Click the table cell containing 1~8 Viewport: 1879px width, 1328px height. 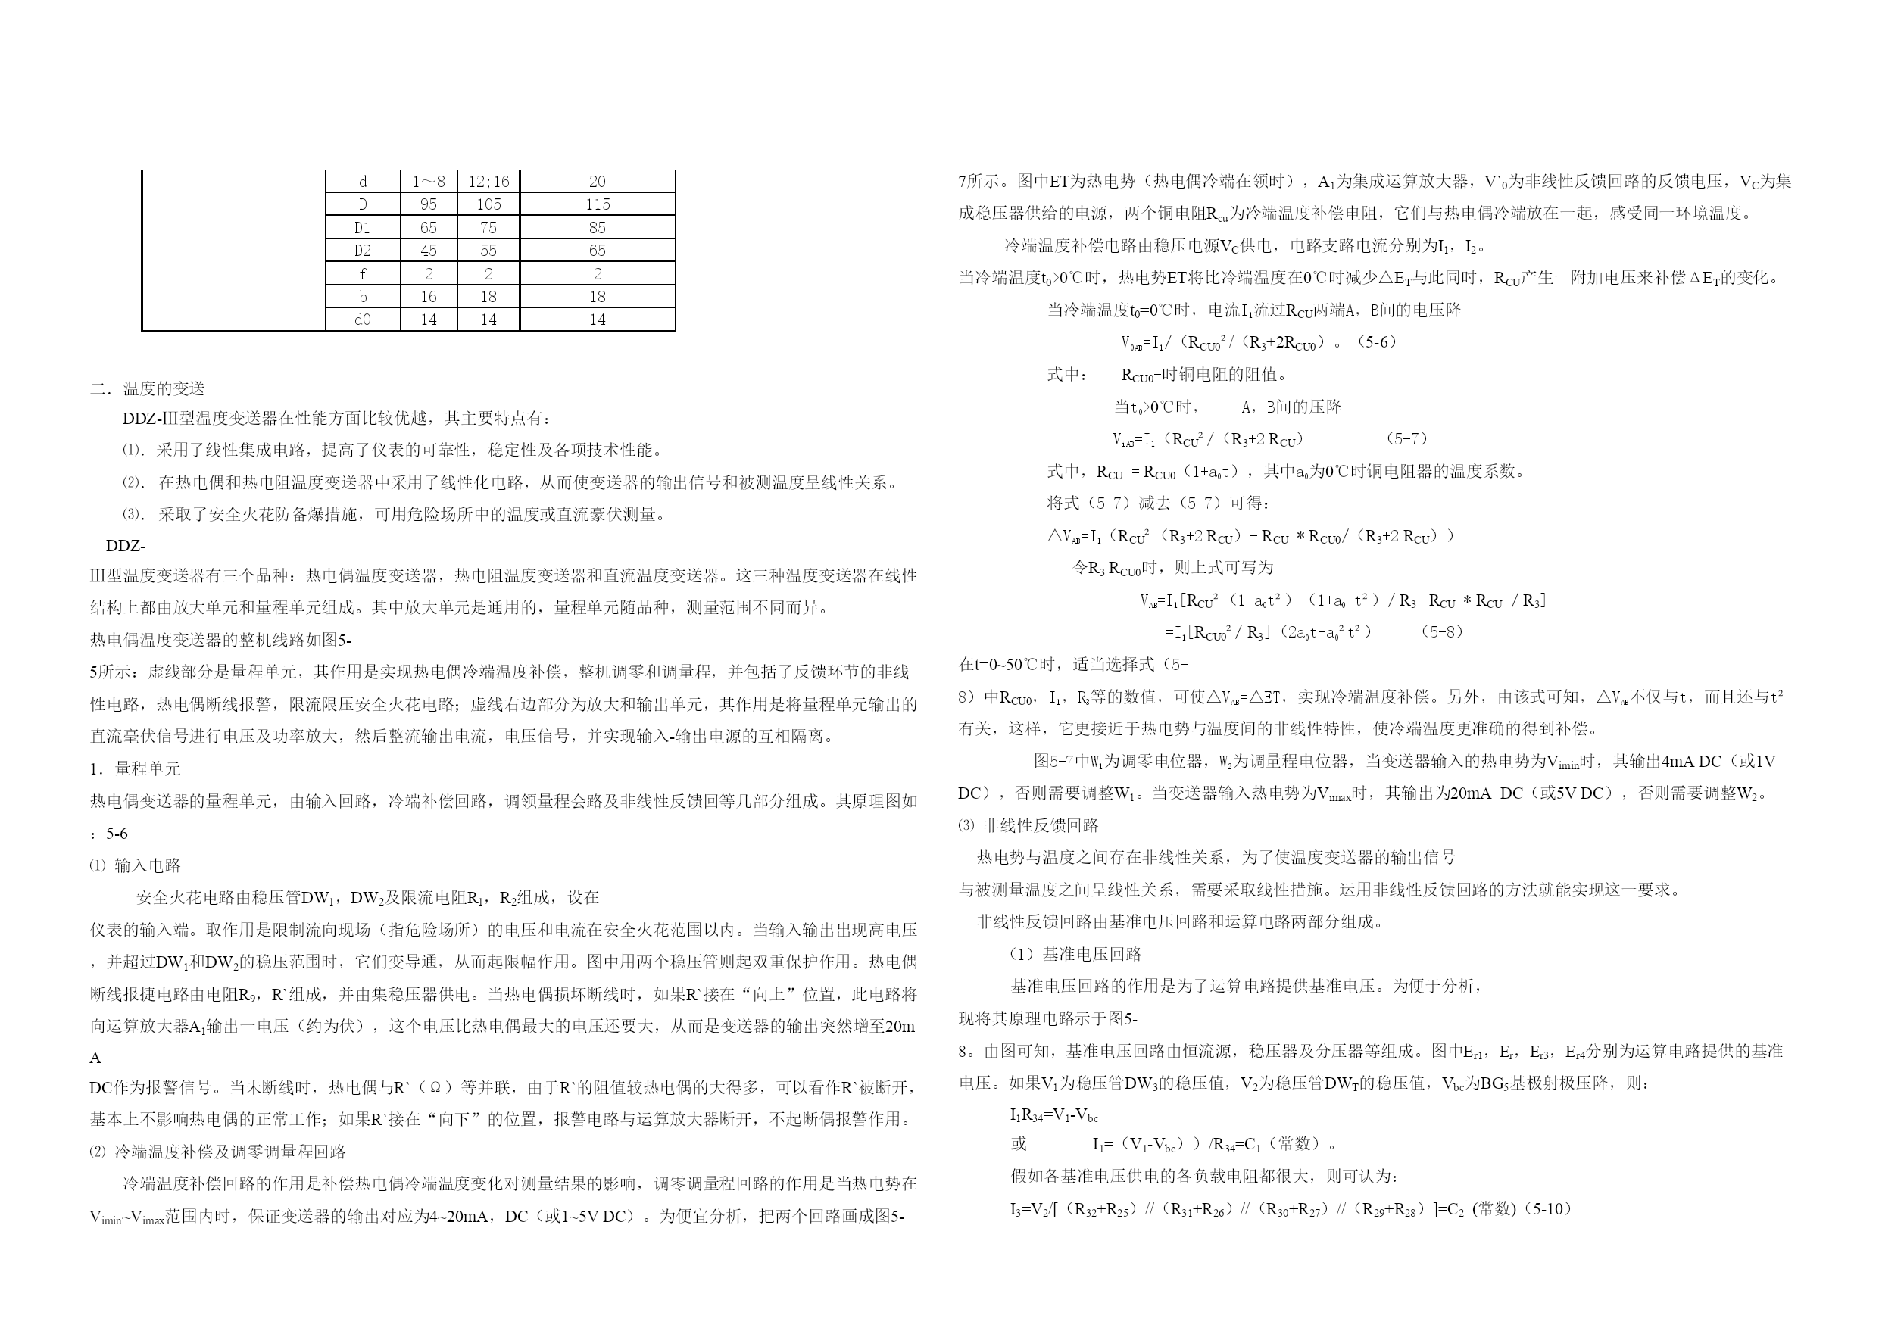coord(428,182)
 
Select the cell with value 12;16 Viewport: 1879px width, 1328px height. coord(488,182)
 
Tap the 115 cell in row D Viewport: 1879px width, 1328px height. coord(598,204)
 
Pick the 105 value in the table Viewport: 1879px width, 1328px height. coord(488,204)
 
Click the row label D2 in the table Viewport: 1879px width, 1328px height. coord(363,251)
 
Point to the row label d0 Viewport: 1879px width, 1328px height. coord(363,319)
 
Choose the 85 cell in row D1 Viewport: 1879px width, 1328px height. coord(598,227)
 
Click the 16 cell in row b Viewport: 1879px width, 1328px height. coord(428,296)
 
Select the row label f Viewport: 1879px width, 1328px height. coord(363,273)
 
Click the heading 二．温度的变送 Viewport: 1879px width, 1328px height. coord(148,388)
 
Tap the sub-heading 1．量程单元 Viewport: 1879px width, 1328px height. coord(135,768)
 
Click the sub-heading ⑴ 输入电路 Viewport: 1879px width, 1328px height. coord(135,865)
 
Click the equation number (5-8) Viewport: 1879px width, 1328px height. coord(1442,631)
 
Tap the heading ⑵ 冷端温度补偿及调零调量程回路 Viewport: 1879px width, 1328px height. coord(217,1152)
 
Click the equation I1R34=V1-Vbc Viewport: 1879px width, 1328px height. coord(1054,1114)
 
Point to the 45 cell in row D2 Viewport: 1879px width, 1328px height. coord(428,251)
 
